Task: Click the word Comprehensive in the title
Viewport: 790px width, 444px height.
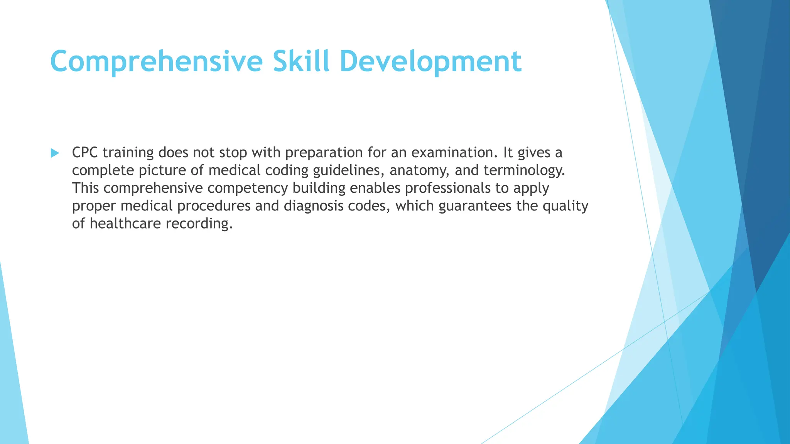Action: click(x=156, y=62)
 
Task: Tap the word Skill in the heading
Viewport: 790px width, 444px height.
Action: click(x=301, y=62)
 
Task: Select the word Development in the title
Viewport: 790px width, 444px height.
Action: click(x=430, y=62)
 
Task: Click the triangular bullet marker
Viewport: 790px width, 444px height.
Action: click(x=55, y=153)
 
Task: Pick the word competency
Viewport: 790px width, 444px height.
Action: click(x=248, y=188)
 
